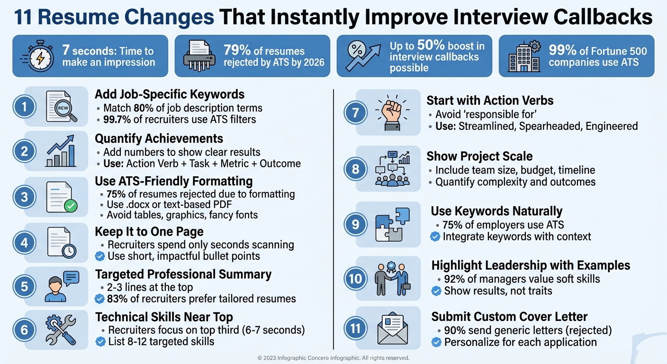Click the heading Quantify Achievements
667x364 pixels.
(x=159, y=138)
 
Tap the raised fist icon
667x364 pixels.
(x=388, y=113)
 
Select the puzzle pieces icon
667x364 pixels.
(x=389, y=224)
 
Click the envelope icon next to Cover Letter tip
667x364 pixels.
(x=392, y=328)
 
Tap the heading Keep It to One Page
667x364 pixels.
(x=149, y=231)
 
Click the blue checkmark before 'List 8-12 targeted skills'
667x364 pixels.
(x=100, y=341)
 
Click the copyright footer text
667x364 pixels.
(x=333, y=358)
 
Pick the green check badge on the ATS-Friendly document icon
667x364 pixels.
(x=71, y=206)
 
